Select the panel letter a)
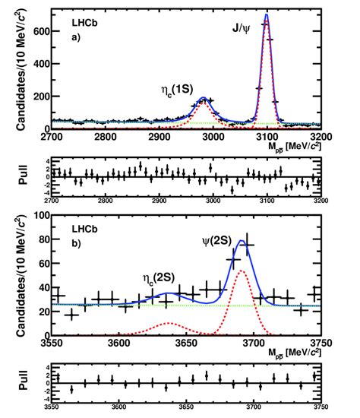click(65, 36)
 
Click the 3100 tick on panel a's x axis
click(267, 138)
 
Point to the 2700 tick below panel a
click(51, 138)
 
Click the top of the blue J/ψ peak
click(267, 14)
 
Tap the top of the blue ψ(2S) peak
click(242, 241)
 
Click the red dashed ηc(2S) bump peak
click(180, 311)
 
